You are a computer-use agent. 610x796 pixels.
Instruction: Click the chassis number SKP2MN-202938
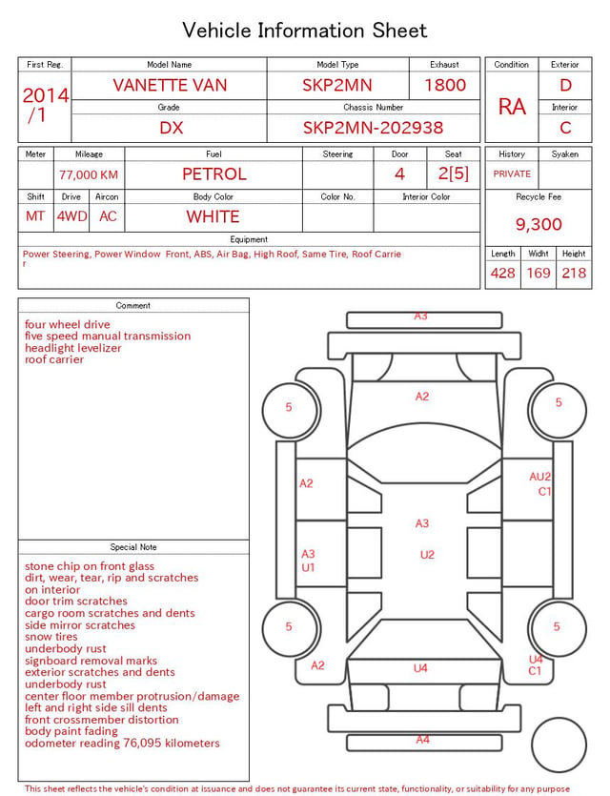click(x=373, y=128)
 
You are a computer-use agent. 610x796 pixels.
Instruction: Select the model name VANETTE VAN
click(x=170, y=85)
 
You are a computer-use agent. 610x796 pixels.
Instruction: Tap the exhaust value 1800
click(x=445, y=85)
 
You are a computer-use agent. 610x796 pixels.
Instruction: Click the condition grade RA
click(x=512, y=107)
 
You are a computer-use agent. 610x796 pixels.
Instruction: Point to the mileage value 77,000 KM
click(x=89, y=175)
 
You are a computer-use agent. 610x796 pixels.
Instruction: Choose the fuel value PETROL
click(x=214, y=174)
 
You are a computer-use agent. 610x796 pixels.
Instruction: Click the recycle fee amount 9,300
click(x=539, y=224)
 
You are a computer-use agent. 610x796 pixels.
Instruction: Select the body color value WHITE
click(x=213, y=216)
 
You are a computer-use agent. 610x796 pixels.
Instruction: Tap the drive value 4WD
click(x=71, y=216)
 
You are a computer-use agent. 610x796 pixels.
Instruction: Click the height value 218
click(x=574, y=273)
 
